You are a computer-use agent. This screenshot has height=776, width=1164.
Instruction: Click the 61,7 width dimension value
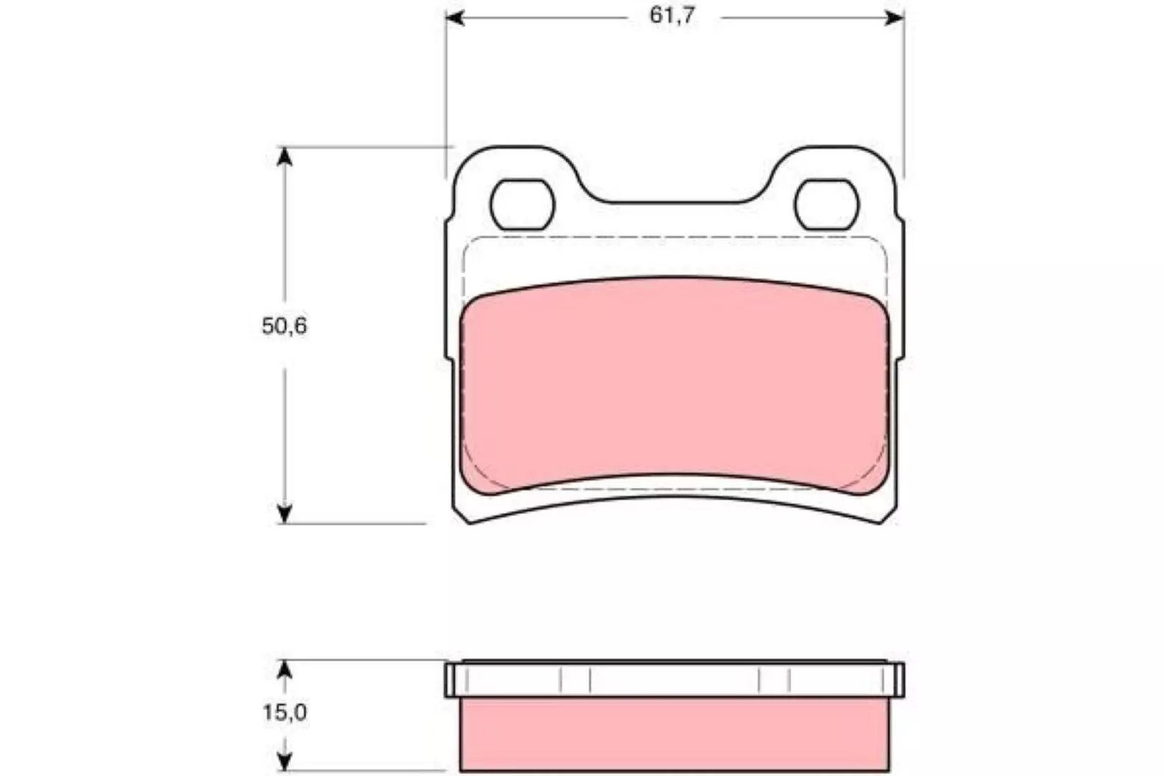tap(671, 16)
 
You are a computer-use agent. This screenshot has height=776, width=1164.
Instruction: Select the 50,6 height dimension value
tap(285, 326)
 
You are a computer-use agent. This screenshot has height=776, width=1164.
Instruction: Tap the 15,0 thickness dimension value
tap(285, 713)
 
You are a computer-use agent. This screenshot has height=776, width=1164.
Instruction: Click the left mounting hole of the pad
tap(522, 205)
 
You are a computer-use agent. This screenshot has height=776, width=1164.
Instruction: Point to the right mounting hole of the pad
tap(826, 205)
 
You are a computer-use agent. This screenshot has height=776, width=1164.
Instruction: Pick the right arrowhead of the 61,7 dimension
tap(895, 18)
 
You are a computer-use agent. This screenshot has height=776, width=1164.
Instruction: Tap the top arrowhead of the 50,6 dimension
tap(285, 157)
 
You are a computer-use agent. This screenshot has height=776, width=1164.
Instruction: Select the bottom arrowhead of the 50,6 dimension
tap(285, 514)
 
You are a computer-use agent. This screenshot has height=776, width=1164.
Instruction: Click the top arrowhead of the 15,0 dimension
tap(284, 670)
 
